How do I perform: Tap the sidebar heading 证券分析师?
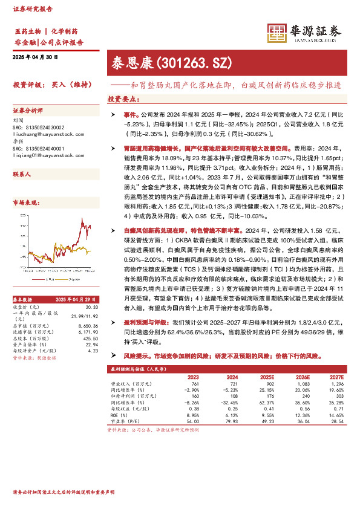click(28, 111)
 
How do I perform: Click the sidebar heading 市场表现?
click(27, 203)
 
